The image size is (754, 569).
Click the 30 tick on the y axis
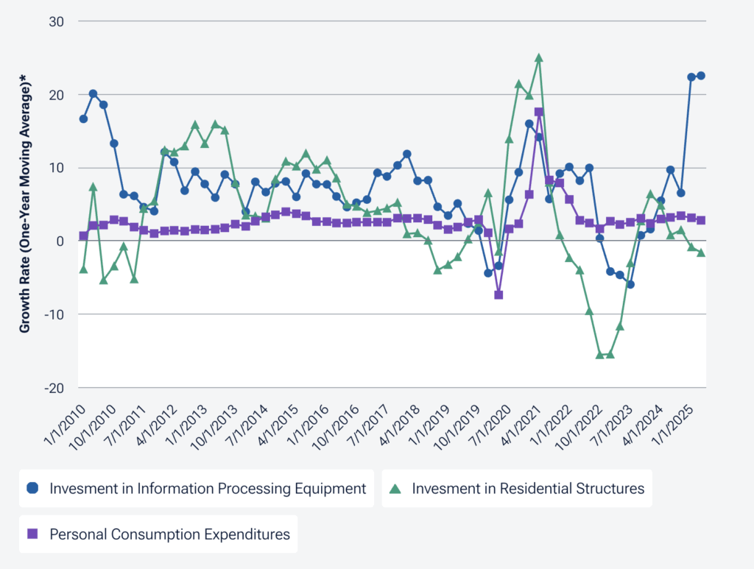point(57,21)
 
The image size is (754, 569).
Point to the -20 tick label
point(55,387)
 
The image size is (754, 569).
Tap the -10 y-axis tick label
point(55,314)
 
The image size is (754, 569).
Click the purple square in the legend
point(32,534)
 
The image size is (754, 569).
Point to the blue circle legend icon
point(32,488)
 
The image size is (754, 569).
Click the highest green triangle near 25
point(539,57)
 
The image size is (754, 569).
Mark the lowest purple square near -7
point(498,294)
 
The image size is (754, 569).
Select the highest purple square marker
point(539,112)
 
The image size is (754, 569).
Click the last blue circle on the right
point(701,76)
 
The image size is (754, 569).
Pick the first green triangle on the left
point(83,269)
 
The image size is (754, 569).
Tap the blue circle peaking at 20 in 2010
point(94,93)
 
